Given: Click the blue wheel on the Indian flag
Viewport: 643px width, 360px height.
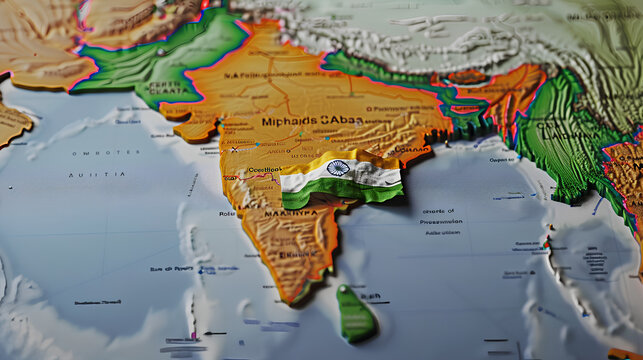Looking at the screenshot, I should [338, 169].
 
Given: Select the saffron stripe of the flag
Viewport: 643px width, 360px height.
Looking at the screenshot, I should [330, 159].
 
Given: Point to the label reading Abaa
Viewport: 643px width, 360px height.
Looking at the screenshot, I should [344, 120].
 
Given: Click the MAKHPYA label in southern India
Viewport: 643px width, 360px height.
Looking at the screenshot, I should [290, 213].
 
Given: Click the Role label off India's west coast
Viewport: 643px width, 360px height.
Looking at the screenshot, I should [227, 213].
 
